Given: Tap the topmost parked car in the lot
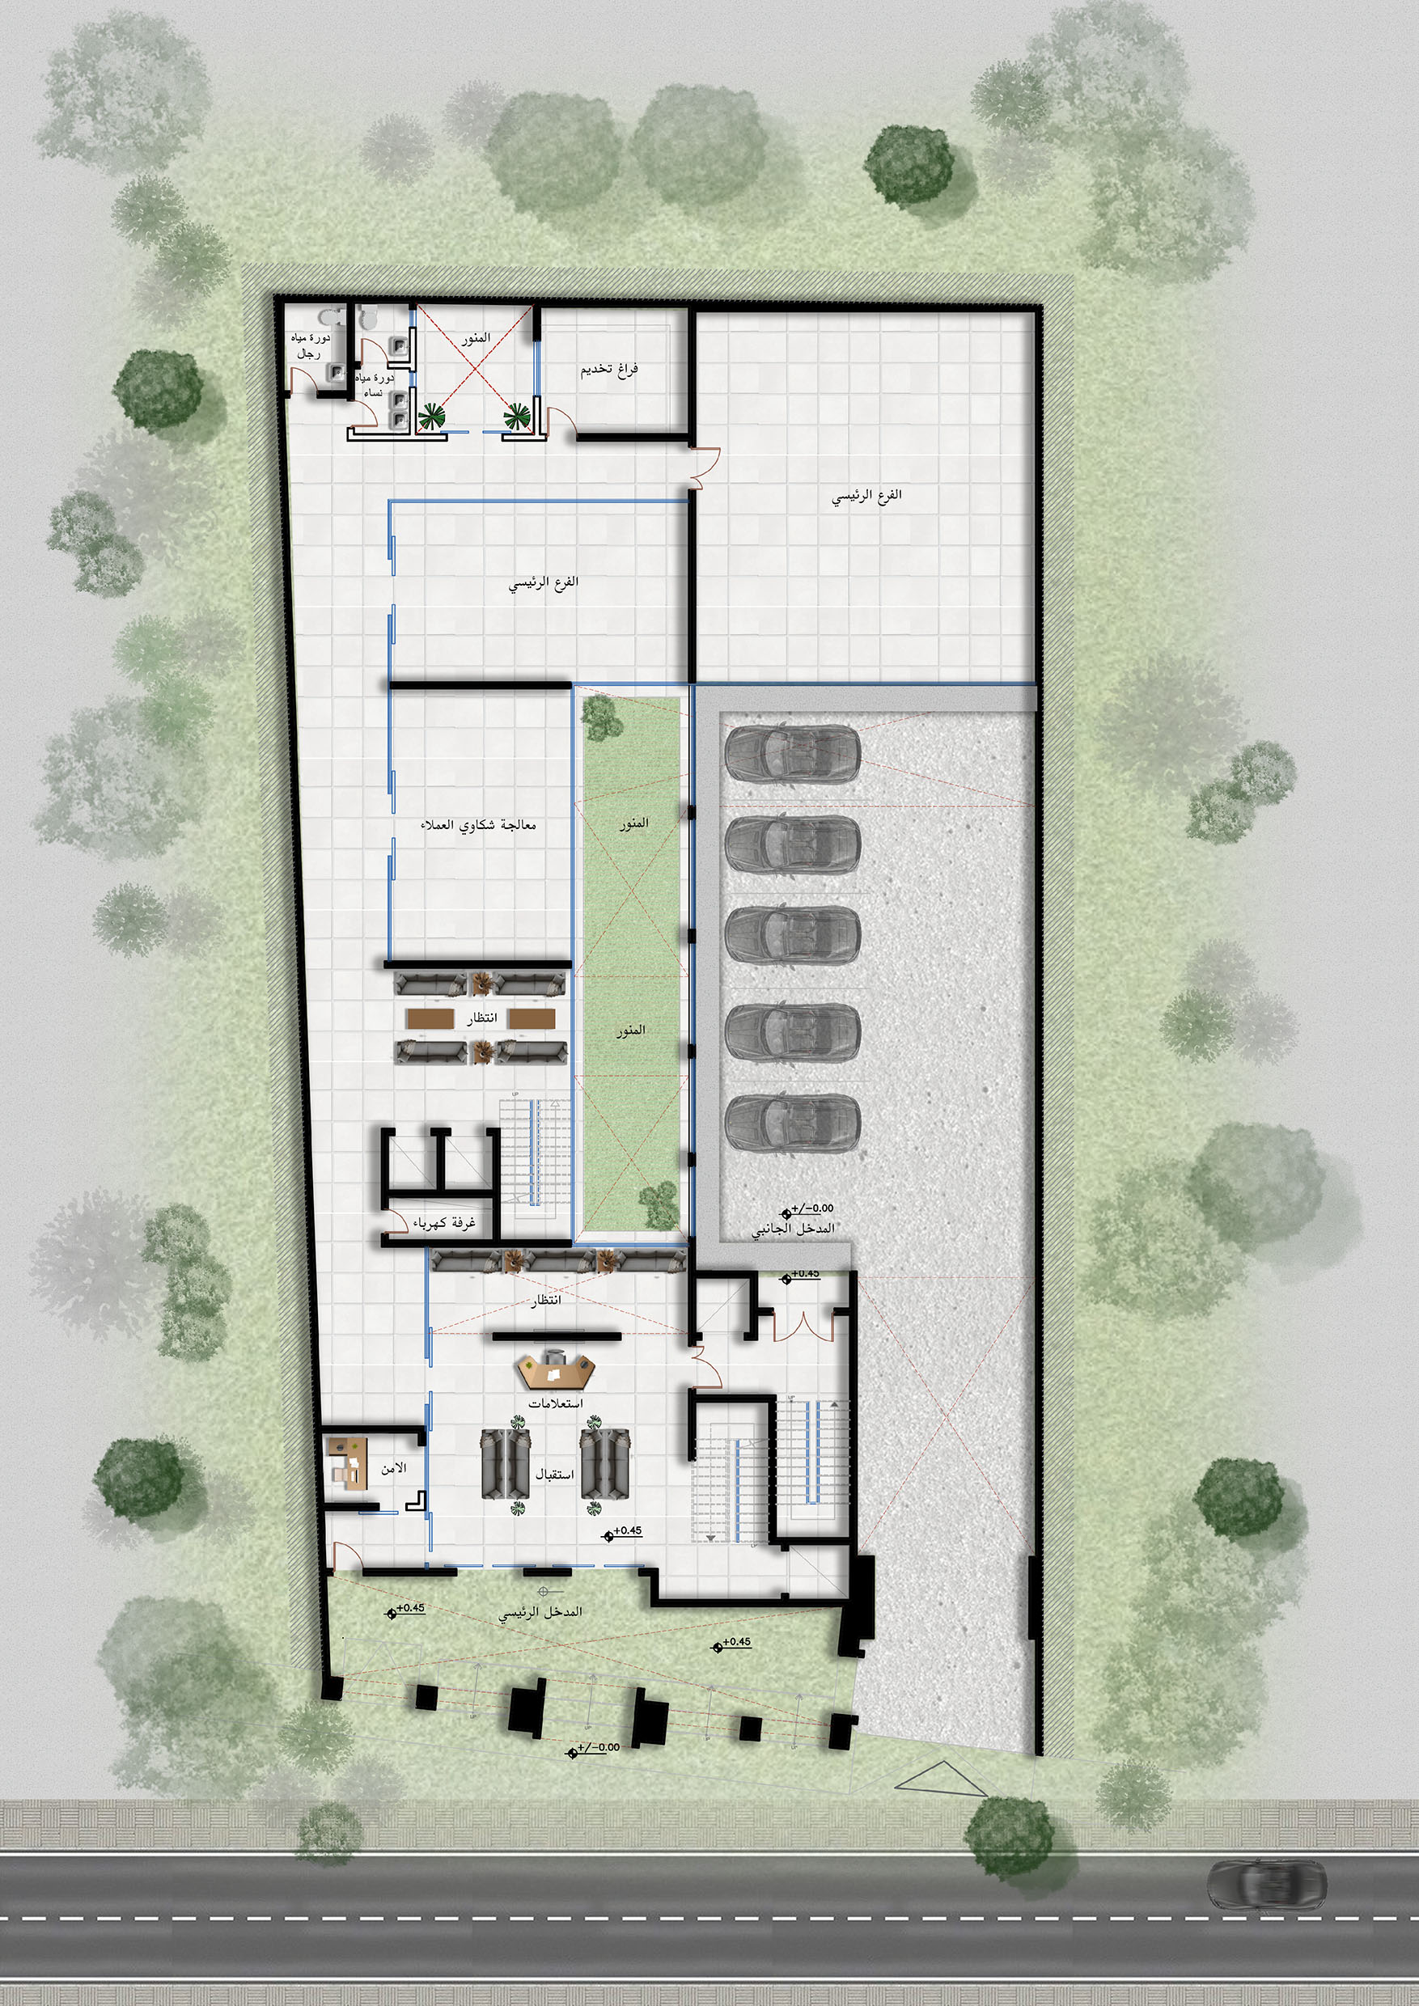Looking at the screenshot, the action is pos(793,752).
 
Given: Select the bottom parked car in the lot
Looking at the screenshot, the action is pos(793,1120).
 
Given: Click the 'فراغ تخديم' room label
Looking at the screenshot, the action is pos(610,370).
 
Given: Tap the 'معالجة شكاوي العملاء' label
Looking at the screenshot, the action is pos(478,825).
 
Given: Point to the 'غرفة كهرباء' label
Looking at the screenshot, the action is pos(445,1222).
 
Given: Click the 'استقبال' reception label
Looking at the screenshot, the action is pos(554,1473).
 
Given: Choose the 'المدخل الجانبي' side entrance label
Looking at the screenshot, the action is pos(794,1229).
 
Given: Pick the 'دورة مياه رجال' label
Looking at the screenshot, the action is pos(311,346).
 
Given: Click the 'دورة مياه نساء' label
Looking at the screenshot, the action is pos(375,385).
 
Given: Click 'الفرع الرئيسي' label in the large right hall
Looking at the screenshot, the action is pos(866,497).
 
